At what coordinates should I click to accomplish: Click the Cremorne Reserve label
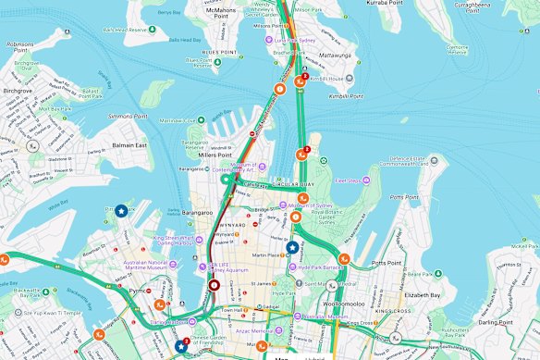tap(459, 48)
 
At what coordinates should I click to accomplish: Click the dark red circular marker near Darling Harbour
tap(215, 286)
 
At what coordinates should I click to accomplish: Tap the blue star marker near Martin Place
tap(292, 247)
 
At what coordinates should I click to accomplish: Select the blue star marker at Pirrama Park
tap(122, 211)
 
